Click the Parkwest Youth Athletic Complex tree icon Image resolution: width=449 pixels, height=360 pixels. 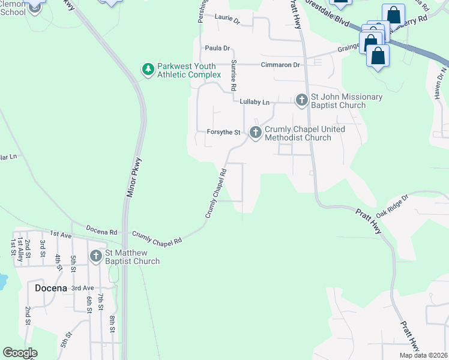click(x=148, y=70)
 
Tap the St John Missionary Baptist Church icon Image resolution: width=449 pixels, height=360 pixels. click(x=302, y=100)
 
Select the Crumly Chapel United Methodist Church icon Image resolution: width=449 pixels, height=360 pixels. click(x=256, y=133)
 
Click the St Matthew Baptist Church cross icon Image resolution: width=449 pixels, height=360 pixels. click(x=96, y=256)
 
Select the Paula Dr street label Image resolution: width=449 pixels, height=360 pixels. click(x=217, y=48)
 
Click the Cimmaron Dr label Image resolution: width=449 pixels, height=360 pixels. click(x=279, y=65)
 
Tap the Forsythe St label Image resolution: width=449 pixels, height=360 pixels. click(x=223, y=132)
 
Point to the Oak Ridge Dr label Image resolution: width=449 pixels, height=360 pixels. click(x=392, y=206)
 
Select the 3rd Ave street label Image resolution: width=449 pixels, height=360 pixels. click(x=82, y=288)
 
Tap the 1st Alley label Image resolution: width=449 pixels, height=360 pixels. click(x=20, y=247)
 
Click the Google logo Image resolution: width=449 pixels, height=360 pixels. click(x=20, y=353)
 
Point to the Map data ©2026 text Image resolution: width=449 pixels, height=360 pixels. click(x=423, y=355)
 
